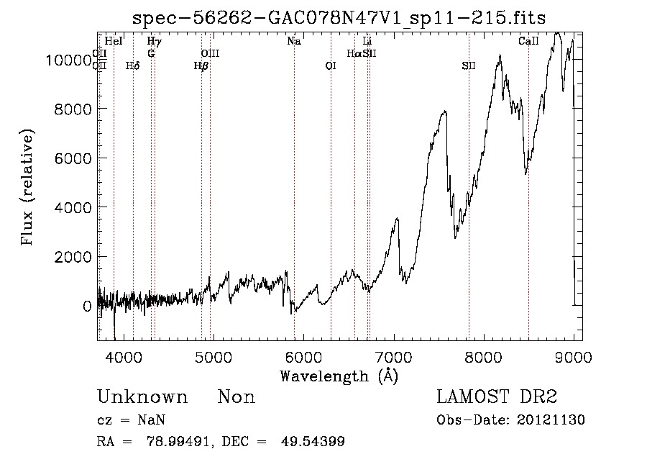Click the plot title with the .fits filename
pyautogui.click(x=339, y=18)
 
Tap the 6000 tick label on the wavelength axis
pyautogui.click(x=303, y=357)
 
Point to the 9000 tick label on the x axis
pyautogui.click(x=574, y=357)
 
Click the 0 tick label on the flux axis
pyautogui.click(x=87, y=307)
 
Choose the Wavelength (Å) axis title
pyautogui.click(x=339, y=376)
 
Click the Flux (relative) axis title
pyautogui.click(x=27, y=187)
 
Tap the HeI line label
pyautogui.click(x=114, y=41)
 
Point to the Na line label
pyautogui.click(x=294, y=41)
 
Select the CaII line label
pyautogui.click(x=528, y=41)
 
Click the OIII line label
pyautogui.click(x=210, y=53)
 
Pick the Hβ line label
pyautogui.click(x=201, y=65)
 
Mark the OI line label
pyautogui.click(x=331, y=65)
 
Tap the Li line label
pyautogui.click(x=367, y=41)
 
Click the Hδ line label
pyautogui.click(x=133, y=65)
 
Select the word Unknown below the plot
pyautogui.click(x=142, y=396)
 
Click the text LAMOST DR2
pyautogui.click(x=497, y=396)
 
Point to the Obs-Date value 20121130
pyautogui.click(x=551, y=420)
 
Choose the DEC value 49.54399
pyautogui.click(x=313, y=441)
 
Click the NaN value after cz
pyautogui.click(x=152, y=420)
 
